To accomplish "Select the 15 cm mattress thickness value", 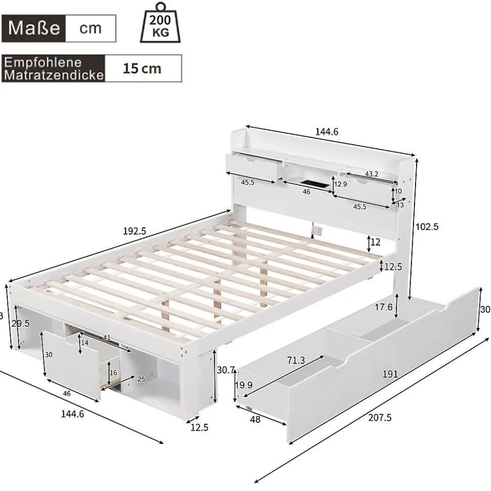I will tap(142, 68).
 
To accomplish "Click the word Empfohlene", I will tap(43, 62).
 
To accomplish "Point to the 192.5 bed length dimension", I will tap(135, 231).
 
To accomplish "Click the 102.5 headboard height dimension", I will tap(427, 227).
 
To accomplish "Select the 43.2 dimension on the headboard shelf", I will tap(372, 174).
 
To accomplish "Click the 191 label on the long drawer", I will tap(389, 374).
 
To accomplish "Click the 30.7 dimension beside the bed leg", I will tap(226, 370).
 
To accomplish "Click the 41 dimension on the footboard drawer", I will tap(106, 337).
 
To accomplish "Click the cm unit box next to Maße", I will tap(91, 27).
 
